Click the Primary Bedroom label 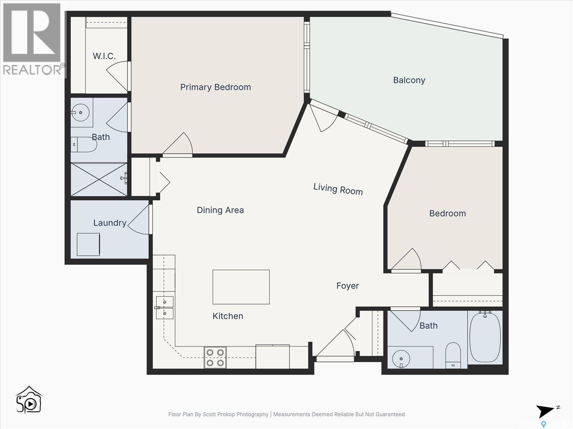(x=215, y=87)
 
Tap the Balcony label (x=409, y=80)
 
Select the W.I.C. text (x=104, y=56)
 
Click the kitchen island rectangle (x=241, y=287)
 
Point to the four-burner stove (x=215, y=357)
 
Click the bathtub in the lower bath (x=485, y=337)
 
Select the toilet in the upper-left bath (x=84, y=144)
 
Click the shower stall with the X (x=99, y=179)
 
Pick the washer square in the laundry (x=88, y=244)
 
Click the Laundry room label (x=110, y=223)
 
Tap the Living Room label (x=338, y=189)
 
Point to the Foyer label (x=347, y=286)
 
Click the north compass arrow (x=546, y=411)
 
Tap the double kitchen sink (x=165, y=308)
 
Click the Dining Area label (x=220, y=210)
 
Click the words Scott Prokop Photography (x=235, y=414)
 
